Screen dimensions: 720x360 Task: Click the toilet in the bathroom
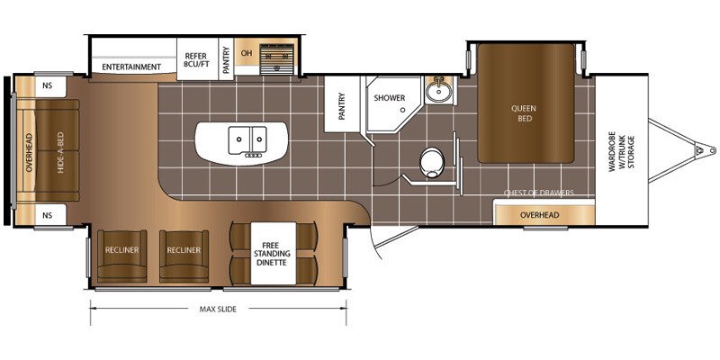[432, 162]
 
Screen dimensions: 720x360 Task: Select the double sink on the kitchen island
[247, 140]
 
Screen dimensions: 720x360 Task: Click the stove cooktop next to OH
[276, 59]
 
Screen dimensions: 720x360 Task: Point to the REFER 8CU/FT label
[197, 60]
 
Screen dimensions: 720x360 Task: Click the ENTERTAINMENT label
[131, 67]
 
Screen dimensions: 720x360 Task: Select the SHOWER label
[390, 98]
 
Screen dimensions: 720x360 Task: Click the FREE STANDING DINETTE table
[274, 254]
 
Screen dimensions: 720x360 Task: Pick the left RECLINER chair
[122, 256]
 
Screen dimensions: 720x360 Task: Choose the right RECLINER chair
[184, 256]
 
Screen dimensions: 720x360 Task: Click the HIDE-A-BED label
[60, 152]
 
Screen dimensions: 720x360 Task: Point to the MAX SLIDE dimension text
[218, 309]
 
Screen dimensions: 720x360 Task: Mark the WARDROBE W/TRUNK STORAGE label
[621, 151]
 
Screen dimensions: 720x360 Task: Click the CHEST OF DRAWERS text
[538, 193]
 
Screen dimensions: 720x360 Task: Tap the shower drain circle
[402, 110]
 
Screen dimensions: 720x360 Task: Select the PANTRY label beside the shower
[342, 106]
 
